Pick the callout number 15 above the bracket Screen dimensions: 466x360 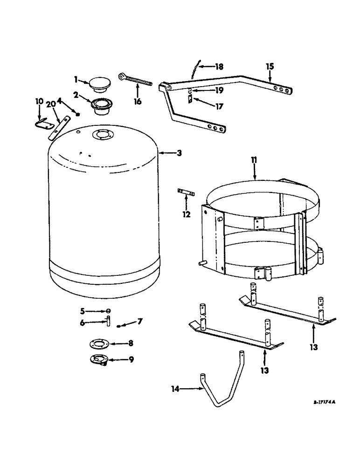pyautogui.click(x=270, y=67)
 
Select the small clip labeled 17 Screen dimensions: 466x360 pyautogui.click(x=190, y=98)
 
